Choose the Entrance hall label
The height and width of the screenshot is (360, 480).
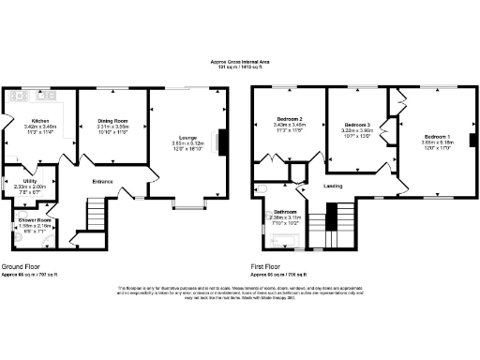(x=101, y=181)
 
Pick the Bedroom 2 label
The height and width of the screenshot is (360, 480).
(x=287, y=121)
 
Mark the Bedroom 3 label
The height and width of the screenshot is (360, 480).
(x=358, y=125)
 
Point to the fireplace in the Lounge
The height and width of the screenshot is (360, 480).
(x=222, y=141)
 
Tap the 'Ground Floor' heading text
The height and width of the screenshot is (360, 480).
(x=20, y=267)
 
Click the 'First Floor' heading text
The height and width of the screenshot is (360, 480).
(x=271, y=267)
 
